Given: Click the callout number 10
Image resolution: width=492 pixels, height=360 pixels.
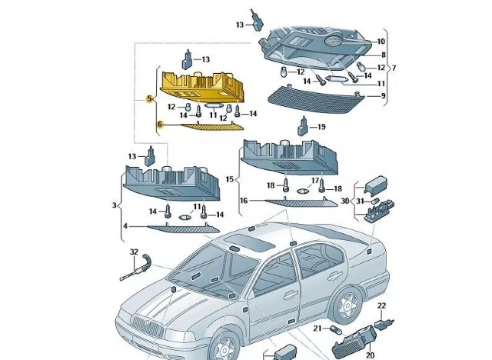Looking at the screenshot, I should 381,41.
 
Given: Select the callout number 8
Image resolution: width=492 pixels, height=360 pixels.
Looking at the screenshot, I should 383,55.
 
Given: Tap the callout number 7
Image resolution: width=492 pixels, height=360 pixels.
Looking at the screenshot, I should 394,68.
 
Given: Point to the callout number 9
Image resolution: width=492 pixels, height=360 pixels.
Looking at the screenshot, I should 382,96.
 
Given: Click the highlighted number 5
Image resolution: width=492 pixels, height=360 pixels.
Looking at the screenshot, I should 148,99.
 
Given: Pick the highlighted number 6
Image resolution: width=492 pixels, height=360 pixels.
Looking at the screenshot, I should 160,124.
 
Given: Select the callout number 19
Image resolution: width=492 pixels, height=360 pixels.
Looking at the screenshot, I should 322,127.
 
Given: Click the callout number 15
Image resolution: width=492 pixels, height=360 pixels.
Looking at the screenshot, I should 229,179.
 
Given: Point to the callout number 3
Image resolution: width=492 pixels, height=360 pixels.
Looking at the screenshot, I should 115,205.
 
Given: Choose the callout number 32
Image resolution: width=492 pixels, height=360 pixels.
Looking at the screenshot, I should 133,252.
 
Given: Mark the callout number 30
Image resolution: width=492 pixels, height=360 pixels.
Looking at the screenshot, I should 345,201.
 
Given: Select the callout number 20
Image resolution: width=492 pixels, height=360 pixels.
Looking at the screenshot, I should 370,355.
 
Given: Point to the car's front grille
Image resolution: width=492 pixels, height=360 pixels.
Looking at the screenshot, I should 141,327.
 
